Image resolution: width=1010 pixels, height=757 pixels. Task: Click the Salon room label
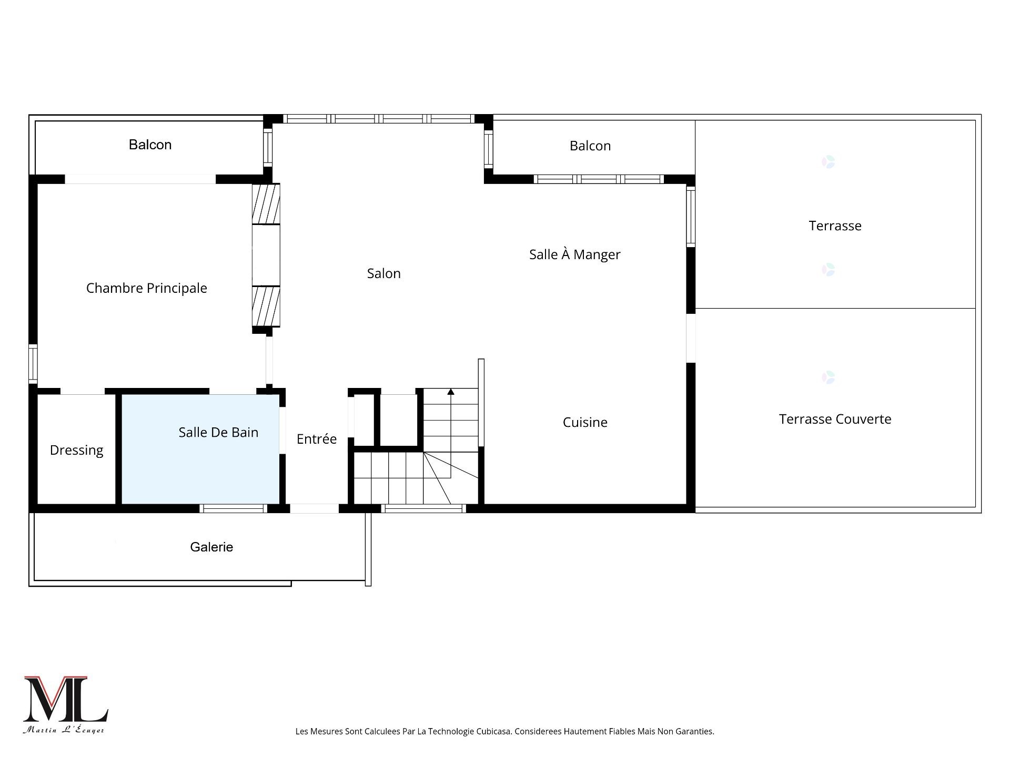383,273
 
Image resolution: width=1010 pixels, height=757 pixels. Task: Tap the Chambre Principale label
146,288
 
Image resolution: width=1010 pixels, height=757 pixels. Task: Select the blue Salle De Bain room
200,449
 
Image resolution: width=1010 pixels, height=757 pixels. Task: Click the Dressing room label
76,451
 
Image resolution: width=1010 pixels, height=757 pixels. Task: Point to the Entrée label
316,439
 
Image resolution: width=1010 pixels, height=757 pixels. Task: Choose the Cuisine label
585,422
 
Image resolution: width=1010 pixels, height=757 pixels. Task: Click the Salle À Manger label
574,254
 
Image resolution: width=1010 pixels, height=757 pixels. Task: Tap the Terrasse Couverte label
835,419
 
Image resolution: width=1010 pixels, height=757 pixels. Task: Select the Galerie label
211,547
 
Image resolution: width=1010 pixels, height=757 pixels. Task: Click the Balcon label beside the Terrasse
590,146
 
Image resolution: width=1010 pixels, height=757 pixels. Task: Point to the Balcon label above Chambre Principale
150,145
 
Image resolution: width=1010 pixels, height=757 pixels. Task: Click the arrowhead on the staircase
451,391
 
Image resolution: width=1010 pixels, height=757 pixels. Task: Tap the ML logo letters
66,699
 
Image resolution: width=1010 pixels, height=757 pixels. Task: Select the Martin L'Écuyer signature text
64,730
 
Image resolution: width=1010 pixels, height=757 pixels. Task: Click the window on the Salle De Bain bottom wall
233,508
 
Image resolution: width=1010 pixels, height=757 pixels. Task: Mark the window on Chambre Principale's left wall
33,363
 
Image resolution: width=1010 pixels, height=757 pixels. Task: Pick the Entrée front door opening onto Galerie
314,508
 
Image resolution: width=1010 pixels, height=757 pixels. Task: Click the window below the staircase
423,508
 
